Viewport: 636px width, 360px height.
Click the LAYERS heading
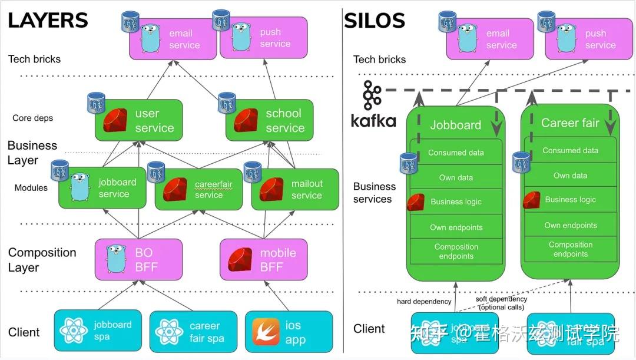pos(48,21)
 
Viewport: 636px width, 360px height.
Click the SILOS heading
pos(375,21)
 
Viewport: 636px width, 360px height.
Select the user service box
pos(139,121)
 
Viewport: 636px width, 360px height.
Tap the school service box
pos(270,121)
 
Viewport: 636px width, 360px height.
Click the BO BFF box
pos(139,260)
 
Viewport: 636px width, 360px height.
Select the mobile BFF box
pos(264,260)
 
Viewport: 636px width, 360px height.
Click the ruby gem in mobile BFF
pos(240,260)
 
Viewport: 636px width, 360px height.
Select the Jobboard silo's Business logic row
pos(456,202)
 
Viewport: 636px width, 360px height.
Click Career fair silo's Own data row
pos(570,176)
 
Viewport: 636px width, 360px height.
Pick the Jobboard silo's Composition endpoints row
pos(456,252)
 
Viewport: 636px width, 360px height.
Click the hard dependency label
pos(424,302)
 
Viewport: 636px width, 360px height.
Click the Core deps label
pos(32,118)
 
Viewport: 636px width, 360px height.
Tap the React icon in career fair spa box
pos(169,332)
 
